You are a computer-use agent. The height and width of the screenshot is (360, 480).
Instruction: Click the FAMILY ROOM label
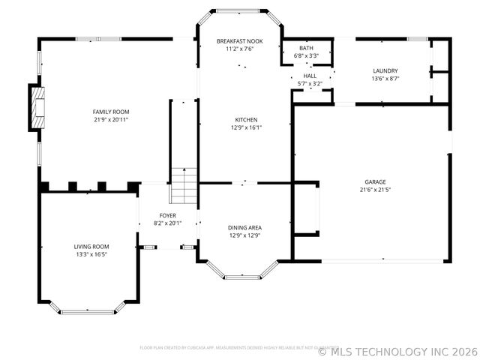coord(111,112)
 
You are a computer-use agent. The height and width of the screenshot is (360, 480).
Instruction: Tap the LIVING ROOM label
coord(91,247)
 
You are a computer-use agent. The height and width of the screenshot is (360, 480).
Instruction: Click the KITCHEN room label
coord(246,119)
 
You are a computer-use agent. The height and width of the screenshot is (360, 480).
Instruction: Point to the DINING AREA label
coord(245,227)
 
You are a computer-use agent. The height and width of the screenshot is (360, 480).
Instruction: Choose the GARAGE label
coord(375,181)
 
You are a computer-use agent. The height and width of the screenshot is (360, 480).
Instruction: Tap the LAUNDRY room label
coord(385,70)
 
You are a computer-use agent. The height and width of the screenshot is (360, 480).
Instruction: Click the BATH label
coord(306,48)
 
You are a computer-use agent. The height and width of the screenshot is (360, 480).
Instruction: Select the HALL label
coord(310,76)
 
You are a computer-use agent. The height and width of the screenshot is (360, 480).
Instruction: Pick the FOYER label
coord(168,215)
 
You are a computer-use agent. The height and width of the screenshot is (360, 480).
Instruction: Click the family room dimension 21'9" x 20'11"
coord(111,119)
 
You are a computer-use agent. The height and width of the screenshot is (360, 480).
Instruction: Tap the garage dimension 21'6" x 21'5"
coord(375,189)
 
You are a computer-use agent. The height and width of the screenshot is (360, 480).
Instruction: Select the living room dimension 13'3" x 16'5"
coord(91,254)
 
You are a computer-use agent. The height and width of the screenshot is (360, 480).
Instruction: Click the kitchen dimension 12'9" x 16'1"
coord(246,127)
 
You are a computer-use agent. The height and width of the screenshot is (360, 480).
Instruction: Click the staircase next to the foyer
coord(183,186)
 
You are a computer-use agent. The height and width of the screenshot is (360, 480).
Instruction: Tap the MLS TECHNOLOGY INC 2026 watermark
coord(397,350)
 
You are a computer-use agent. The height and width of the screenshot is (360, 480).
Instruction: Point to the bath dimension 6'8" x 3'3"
coord(306,55)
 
